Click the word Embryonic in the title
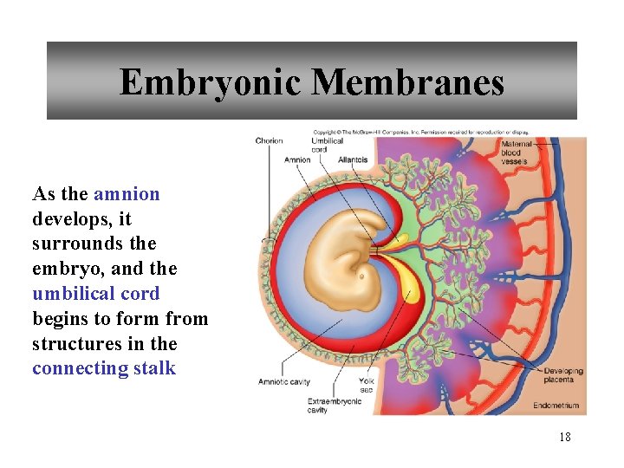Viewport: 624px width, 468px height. tap(211, 82)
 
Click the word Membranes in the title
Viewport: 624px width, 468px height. tap(407, 82)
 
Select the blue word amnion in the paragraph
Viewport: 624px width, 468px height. tap(127, 193)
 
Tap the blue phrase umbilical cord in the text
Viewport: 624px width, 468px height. tap(96, 294)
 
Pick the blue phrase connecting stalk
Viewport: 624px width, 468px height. tap(104, 368)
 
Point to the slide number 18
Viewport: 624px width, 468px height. tap(565, 438)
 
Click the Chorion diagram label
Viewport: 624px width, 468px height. tap(269, 141)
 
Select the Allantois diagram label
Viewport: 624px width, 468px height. tap(353, 159)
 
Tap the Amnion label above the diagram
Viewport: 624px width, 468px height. tap(296, 159)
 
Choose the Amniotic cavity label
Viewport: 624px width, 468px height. tap(284, 381)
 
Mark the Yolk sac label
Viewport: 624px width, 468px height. tap(367, 385)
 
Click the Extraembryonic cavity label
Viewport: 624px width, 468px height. tap(333, 405)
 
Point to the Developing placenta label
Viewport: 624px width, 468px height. tap(563, 375)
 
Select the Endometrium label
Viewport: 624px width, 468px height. tap(556, 405)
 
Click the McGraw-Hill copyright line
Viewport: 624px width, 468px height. tap(420, 133)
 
